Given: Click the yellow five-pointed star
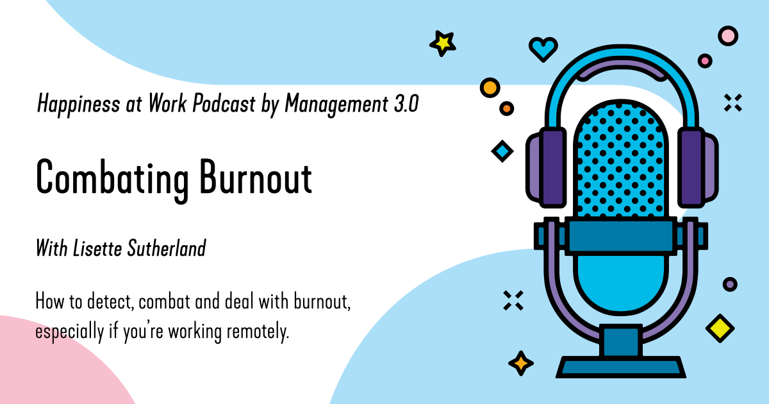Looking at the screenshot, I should tap(442, 43).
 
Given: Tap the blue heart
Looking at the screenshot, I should tap(543, 48).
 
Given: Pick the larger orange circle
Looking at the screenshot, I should tap(490, 87).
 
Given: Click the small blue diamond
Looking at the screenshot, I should tap(502, 151).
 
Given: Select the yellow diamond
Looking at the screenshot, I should tap(720, 328).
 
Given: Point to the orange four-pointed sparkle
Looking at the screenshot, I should tap(521, 364).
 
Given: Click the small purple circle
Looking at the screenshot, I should tap(729, 284).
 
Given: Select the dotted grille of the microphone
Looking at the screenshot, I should tap(620, 160).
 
